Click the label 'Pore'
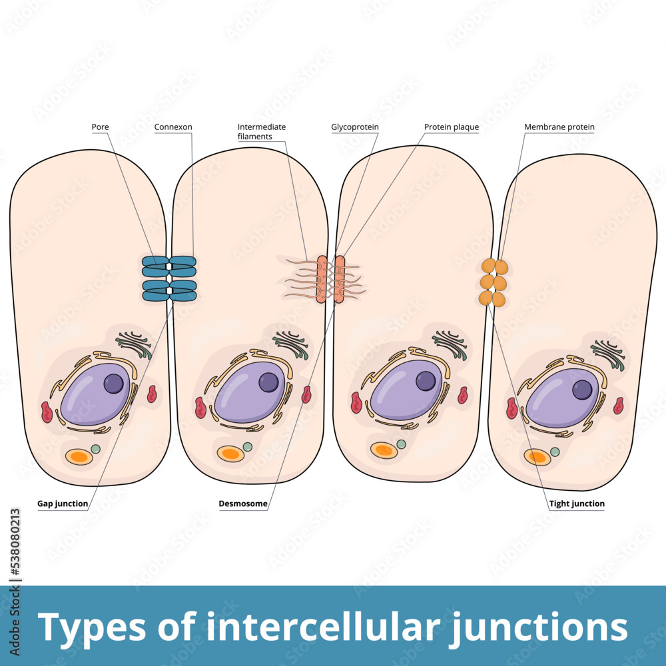pos(101,127)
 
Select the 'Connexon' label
pos(173,127)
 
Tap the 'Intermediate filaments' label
pos(262,131)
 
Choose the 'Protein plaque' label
pos(452,127)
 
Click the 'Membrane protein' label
pos(559,127)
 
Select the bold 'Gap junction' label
pos(63,503)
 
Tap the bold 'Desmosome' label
pos(243,503)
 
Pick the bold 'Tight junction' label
pos(577,503)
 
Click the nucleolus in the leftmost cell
pos(114,384)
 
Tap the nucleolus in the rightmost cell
pos(582,389)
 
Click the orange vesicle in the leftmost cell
pos(79,457)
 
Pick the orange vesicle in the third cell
pos(384,450)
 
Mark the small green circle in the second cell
pos(248,446)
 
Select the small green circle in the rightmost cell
pos(555,452)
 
